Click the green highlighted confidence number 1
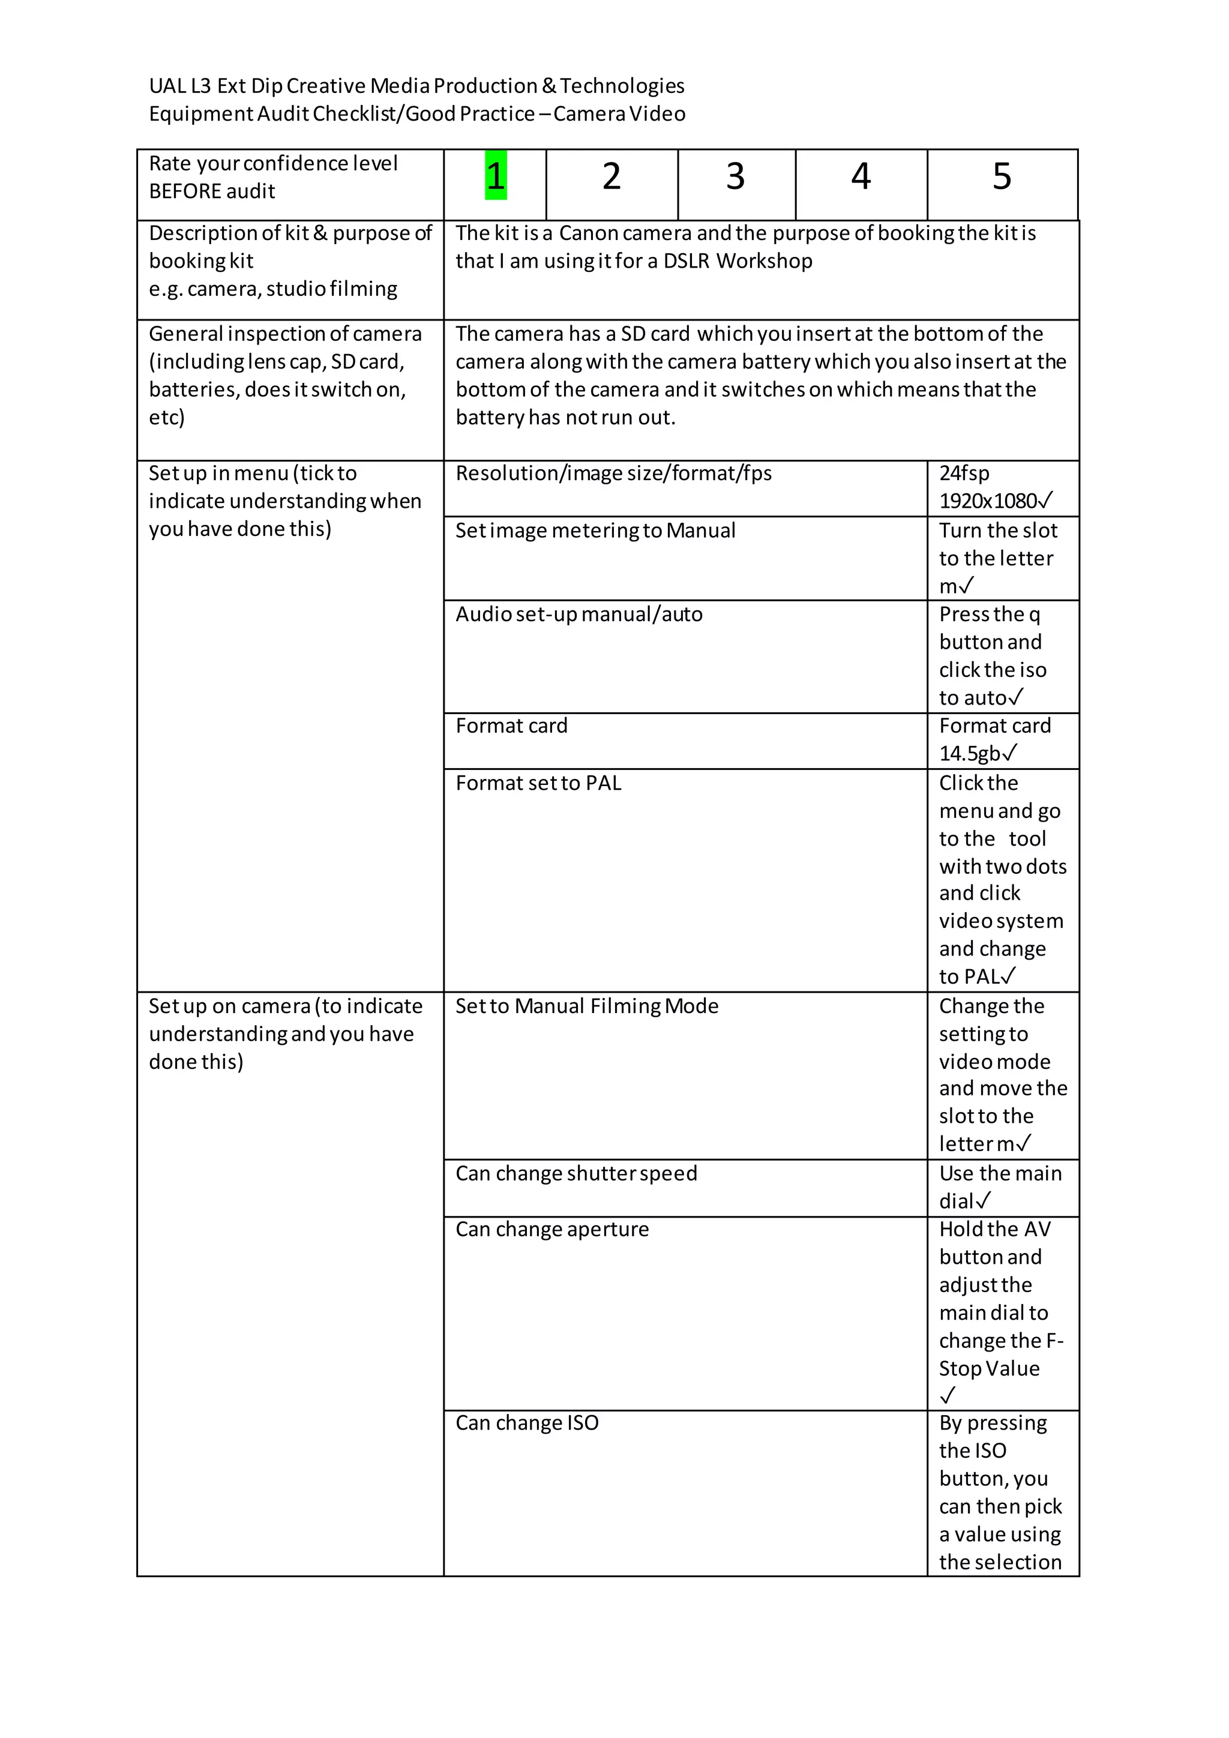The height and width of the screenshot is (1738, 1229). pos(496,176)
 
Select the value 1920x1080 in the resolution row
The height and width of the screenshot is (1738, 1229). pos(988,501)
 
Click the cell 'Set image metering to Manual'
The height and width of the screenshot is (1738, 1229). pos(595,531)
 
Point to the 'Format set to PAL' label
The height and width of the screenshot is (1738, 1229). pos(538,783)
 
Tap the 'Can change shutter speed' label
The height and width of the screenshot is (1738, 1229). pos(576,1173)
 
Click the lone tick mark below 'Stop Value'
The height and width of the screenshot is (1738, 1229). pos(948,1395)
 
